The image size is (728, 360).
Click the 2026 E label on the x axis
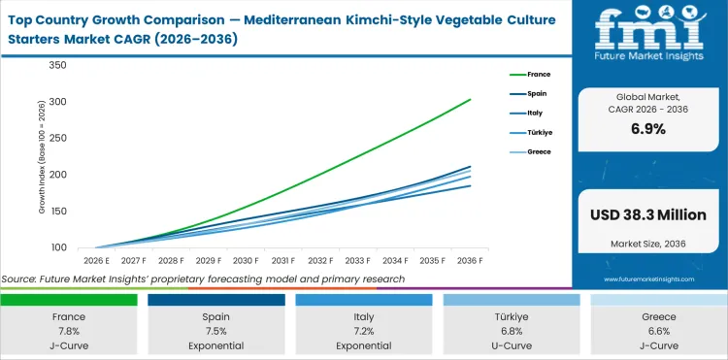(95, 261)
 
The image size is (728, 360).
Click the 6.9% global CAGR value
(647, 128)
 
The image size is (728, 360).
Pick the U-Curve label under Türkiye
(510, 345)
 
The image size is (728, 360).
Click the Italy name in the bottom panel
(364, 316)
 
